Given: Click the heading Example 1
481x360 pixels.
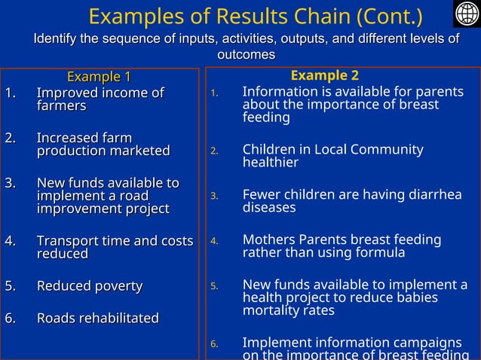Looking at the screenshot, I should coord(99,77).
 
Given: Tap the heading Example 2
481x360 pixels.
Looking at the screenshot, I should coord(324,75).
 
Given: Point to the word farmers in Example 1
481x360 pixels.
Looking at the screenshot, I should coord(61,106).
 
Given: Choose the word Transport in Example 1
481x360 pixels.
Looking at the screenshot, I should coord(69,241).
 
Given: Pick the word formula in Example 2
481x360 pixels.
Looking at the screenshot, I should coord(378,252).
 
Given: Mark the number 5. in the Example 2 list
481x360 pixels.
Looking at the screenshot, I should coord(214,286).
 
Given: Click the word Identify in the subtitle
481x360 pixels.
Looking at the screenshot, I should coord(60,38).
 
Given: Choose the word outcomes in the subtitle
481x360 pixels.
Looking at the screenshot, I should coord(246,54).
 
